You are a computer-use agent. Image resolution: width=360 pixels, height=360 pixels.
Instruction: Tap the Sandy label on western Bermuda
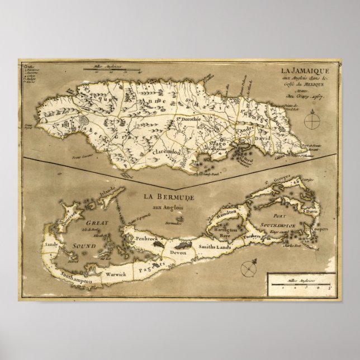(51, 244)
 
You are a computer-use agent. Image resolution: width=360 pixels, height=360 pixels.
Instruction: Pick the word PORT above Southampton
(277, 219)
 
